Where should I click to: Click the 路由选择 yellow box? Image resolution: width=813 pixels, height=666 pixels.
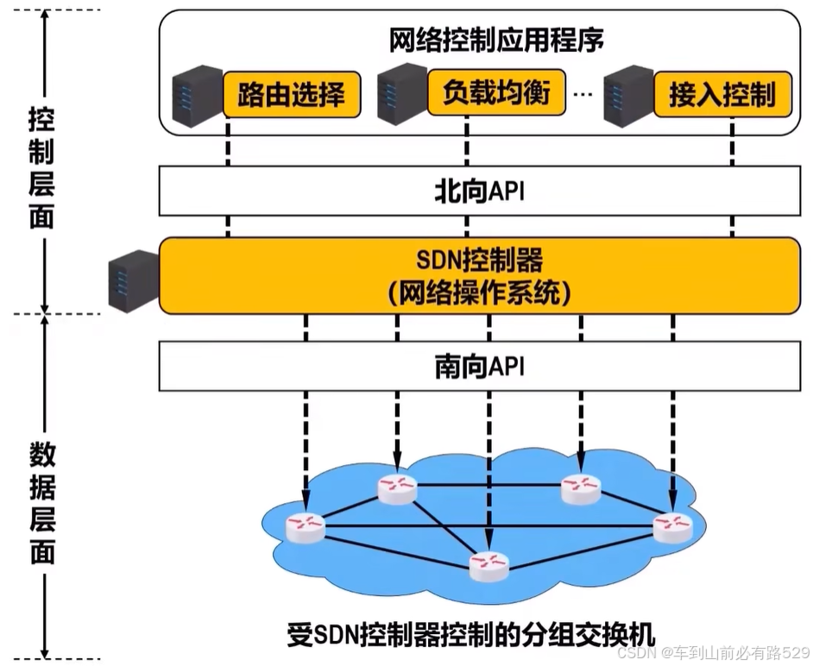[291, 94]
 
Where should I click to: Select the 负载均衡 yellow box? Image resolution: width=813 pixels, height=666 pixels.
[496, 92]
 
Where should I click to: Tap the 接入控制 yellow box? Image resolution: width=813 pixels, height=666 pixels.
[722, 94]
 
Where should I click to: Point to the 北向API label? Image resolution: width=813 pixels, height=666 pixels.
[479, 191]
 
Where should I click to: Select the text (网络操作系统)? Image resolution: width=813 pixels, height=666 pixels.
[479, 293]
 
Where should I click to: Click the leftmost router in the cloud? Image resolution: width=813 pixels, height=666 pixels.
[306, 525]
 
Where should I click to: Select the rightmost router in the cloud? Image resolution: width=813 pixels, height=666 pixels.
[672, 525]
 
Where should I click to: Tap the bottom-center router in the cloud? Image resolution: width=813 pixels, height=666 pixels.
[489, 565]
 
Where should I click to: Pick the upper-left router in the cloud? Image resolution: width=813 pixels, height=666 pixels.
[397, 489]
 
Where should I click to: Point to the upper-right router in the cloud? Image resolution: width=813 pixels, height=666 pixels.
[580, 489]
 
